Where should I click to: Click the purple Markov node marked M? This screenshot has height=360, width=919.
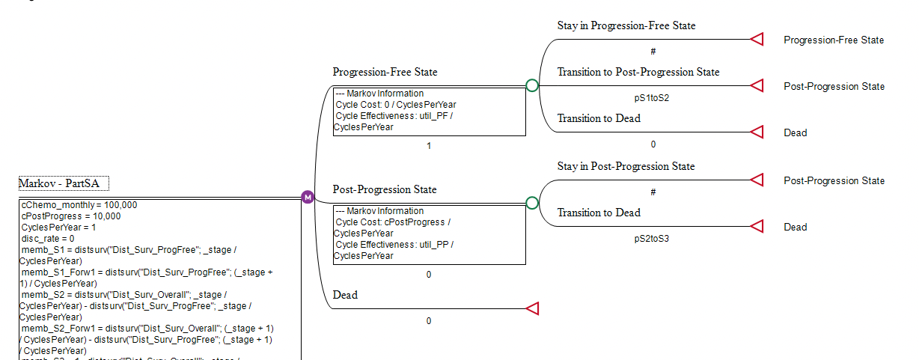(307, 197)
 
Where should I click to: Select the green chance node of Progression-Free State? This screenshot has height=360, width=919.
(532, 85)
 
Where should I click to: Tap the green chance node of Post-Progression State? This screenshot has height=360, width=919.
(532, 203)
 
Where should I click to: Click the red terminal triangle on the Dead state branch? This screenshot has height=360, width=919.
(532, 308)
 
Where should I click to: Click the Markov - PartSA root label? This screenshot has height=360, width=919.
(64, 183)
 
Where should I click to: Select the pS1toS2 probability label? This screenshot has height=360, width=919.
(651, 98)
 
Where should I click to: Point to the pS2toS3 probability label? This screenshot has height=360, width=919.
(651, 239)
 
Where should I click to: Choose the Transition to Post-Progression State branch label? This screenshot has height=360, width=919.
(638, 73)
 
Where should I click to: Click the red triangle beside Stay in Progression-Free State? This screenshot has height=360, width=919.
(757, 40)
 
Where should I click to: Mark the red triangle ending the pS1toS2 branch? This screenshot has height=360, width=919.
(757, 86)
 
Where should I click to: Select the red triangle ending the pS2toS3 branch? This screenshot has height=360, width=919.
(757, 227)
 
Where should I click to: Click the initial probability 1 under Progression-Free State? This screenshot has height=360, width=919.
(429, 146)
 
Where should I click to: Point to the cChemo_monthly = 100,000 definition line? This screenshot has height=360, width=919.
(79, 205)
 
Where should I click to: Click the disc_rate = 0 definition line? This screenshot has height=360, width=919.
(48, 239)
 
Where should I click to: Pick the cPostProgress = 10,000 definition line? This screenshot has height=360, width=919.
(71, 216)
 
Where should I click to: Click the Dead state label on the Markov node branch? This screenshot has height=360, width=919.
(345, 296)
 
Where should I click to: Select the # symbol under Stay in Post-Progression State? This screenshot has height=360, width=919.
(653, 192)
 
